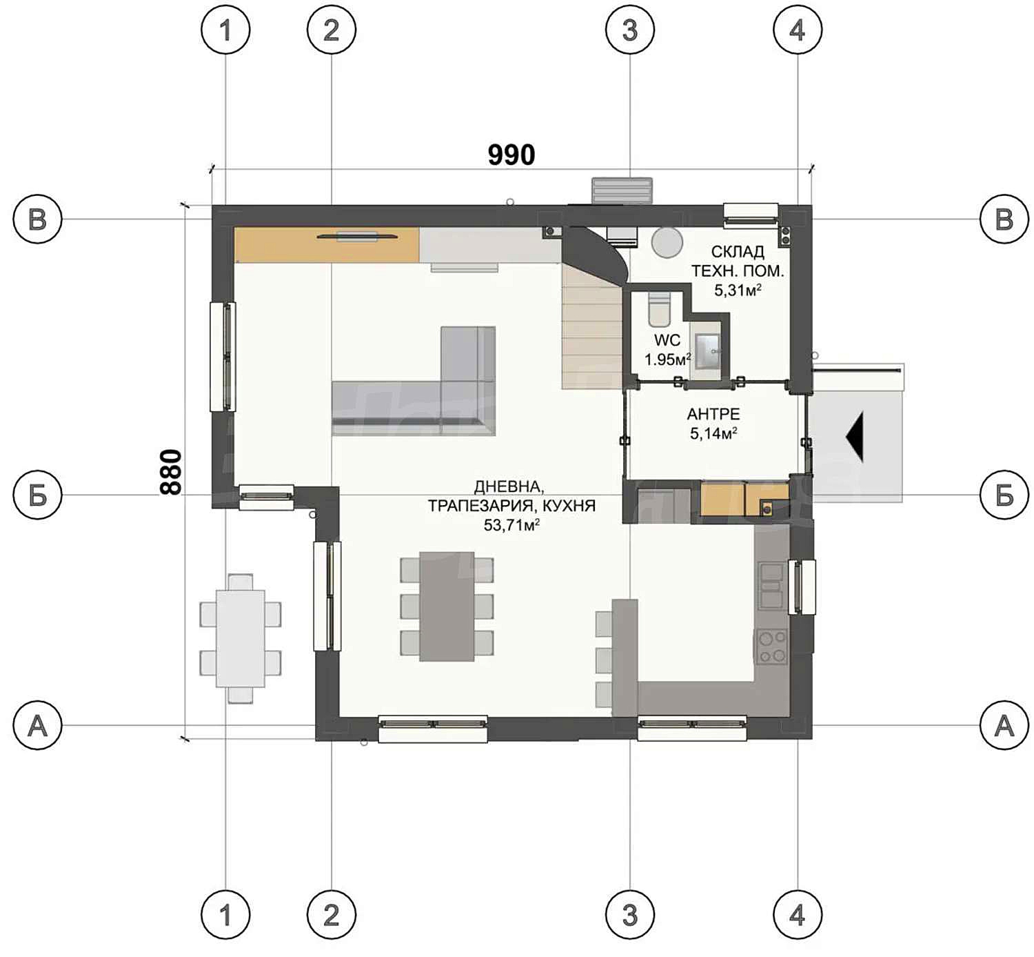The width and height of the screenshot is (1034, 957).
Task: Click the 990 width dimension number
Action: coord(511,155)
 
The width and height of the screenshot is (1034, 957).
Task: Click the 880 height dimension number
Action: coord(171,472)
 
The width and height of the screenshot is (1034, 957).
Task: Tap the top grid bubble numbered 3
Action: coord(629,30)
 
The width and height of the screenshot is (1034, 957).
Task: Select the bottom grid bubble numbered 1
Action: coord(225,914)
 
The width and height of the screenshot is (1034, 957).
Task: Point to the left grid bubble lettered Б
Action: coord(37,495)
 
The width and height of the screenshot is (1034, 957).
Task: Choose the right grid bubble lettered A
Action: coord(1004,725)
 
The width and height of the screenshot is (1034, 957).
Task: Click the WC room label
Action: coord(667,340)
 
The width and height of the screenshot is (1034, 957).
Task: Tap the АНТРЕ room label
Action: coord(713,414)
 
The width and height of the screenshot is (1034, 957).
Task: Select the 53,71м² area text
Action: coord(511,525)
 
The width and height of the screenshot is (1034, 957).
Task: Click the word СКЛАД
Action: coord(737,252)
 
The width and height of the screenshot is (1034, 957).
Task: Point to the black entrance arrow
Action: coord(854,437)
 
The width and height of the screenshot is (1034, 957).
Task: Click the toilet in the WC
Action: coord(659,309)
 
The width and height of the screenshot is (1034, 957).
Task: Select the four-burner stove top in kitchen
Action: coord(772,647)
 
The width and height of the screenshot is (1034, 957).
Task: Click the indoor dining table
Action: coord(447,606)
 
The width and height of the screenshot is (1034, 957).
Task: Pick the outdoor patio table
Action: coord(240,638)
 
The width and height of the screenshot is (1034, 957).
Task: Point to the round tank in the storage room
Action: coord(667,242)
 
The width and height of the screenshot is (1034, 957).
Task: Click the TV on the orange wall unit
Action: coord(357,237)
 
